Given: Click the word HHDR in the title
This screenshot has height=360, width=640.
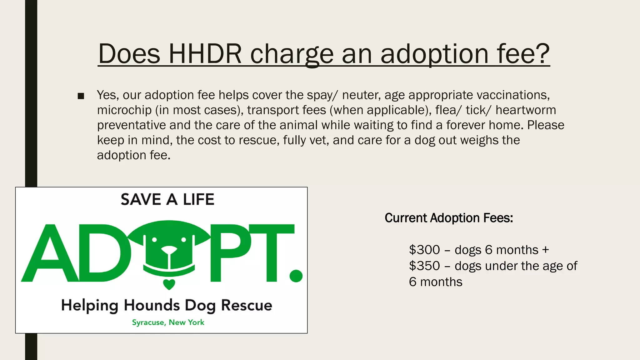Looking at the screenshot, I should pyautogui.click(x=205, y=54).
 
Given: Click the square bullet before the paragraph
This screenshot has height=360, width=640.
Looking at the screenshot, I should pyautogui.click(x=81, y=96).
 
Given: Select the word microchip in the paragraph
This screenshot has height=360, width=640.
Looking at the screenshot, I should pyautogui.click(x=124, y=110).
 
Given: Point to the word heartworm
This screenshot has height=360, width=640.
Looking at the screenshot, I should pyautogui.click(x=526, y=110).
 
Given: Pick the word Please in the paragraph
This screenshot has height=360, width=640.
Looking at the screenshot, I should pyautogui.click(x=546, y=125).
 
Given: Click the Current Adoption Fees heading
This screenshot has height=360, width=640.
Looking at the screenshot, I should pyautogui.click(x=449, y=218).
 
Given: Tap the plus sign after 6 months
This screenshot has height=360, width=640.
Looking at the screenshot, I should pyautogui.click(x=545, y=250).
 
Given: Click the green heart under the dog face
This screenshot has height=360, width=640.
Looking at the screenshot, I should pyautogui.click(x=169, y=284).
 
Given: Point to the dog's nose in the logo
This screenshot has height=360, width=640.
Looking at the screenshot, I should pyautogui.click(x=169, y=250).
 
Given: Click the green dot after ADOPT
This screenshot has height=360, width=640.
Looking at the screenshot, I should pyautogui.click(x=296, y=276).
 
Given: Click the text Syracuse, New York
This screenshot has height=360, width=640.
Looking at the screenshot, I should pyautogui.click(x=168, y=322).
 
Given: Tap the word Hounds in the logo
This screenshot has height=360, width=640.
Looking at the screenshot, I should pyautogui.click(x=152, y=305).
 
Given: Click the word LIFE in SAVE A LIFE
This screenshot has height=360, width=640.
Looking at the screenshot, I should pyautogui.click(x=199, y=199).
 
